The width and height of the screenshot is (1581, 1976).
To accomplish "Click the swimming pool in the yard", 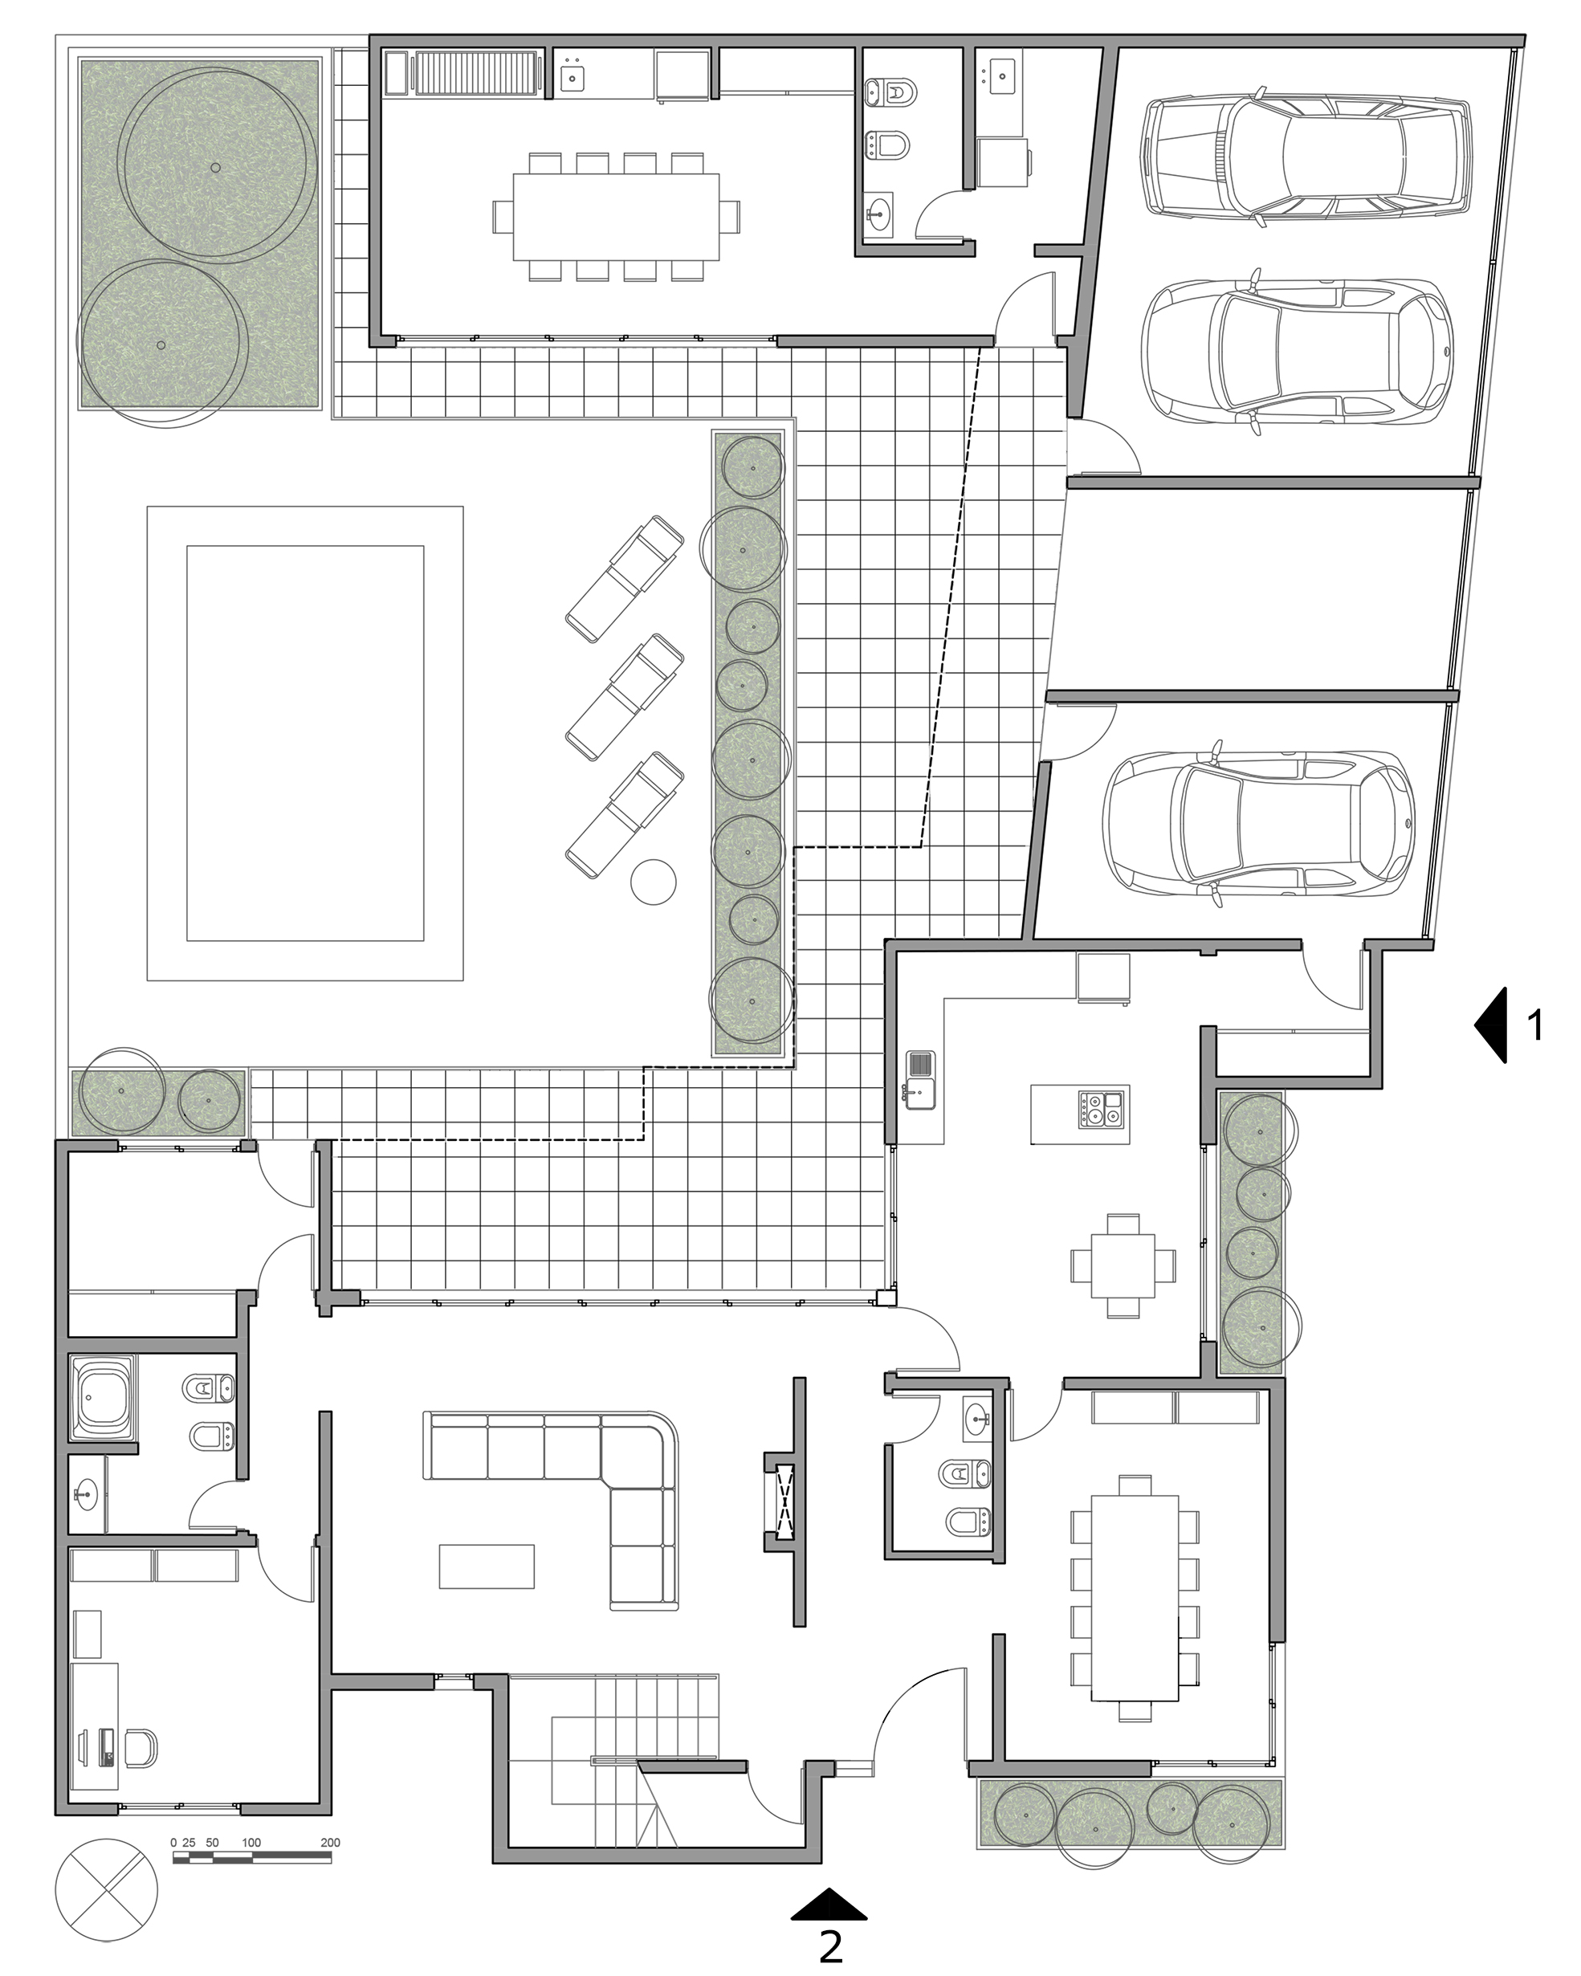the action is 305,744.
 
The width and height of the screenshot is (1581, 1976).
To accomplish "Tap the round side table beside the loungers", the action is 654,882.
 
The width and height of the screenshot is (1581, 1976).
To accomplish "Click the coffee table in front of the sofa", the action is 486,1567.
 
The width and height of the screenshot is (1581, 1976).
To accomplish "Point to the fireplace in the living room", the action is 784,1503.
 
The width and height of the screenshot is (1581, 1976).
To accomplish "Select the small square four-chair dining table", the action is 1123,1265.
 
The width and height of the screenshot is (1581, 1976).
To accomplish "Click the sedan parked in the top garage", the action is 1306,155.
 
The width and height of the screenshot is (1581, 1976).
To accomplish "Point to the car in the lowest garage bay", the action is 1259,825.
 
